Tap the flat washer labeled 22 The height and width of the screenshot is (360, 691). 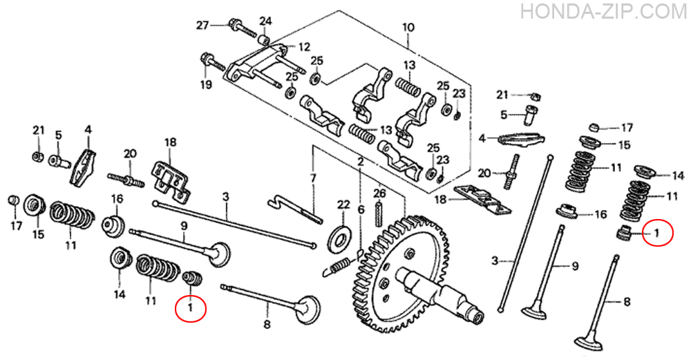[x=342, y=238]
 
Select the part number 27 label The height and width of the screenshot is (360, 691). [x=202, y=25]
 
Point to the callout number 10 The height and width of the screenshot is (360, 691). [x=408, y=28]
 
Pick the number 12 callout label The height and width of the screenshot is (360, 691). [x=304, y=47]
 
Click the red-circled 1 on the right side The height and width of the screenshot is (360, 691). [x=657, y=232]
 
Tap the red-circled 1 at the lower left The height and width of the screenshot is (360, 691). [x=191, y=307]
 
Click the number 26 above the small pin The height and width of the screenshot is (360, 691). [x=379, y=193]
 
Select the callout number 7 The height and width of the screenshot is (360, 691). [x=313, y=178]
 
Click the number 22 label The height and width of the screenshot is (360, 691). [x=343, y=205]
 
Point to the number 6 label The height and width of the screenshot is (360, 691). [x=361, y=210]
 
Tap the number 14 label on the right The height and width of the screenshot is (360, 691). [x=678, y=176]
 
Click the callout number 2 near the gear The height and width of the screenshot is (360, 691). [x=361, y=162]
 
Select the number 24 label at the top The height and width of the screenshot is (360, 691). [x=266, y=21]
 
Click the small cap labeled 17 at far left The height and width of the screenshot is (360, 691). [x=14, y=200]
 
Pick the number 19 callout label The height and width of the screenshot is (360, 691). [x=206, y=84]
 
